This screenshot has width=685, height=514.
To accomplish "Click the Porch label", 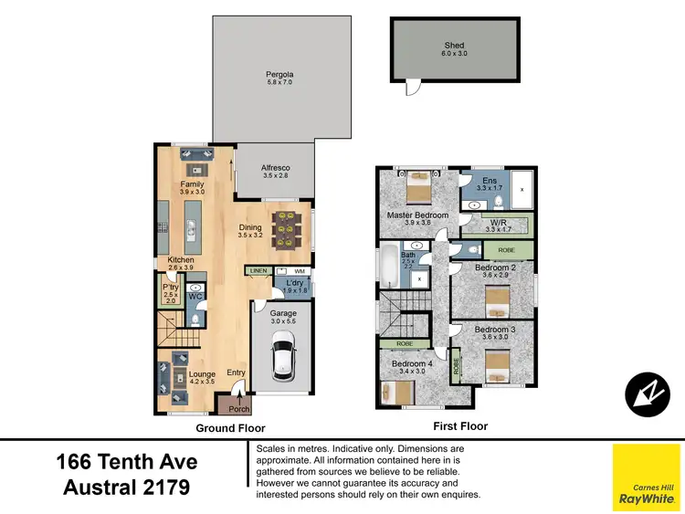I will click(x=238, y=408).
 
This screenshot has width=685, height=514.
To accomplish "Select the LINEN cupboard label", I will click(x=258, y=271).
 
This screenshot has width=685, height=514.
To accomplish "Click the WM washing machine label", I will click(x=299, y=271).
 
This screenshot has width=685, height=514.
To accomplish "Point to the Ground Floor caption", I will click(x=231, y=427).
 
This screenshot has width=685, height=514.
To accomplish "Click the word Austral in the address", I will click(x=100, y=488).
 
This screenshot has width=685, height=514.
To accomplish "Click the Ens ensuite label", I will click(x=490, y=180).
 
